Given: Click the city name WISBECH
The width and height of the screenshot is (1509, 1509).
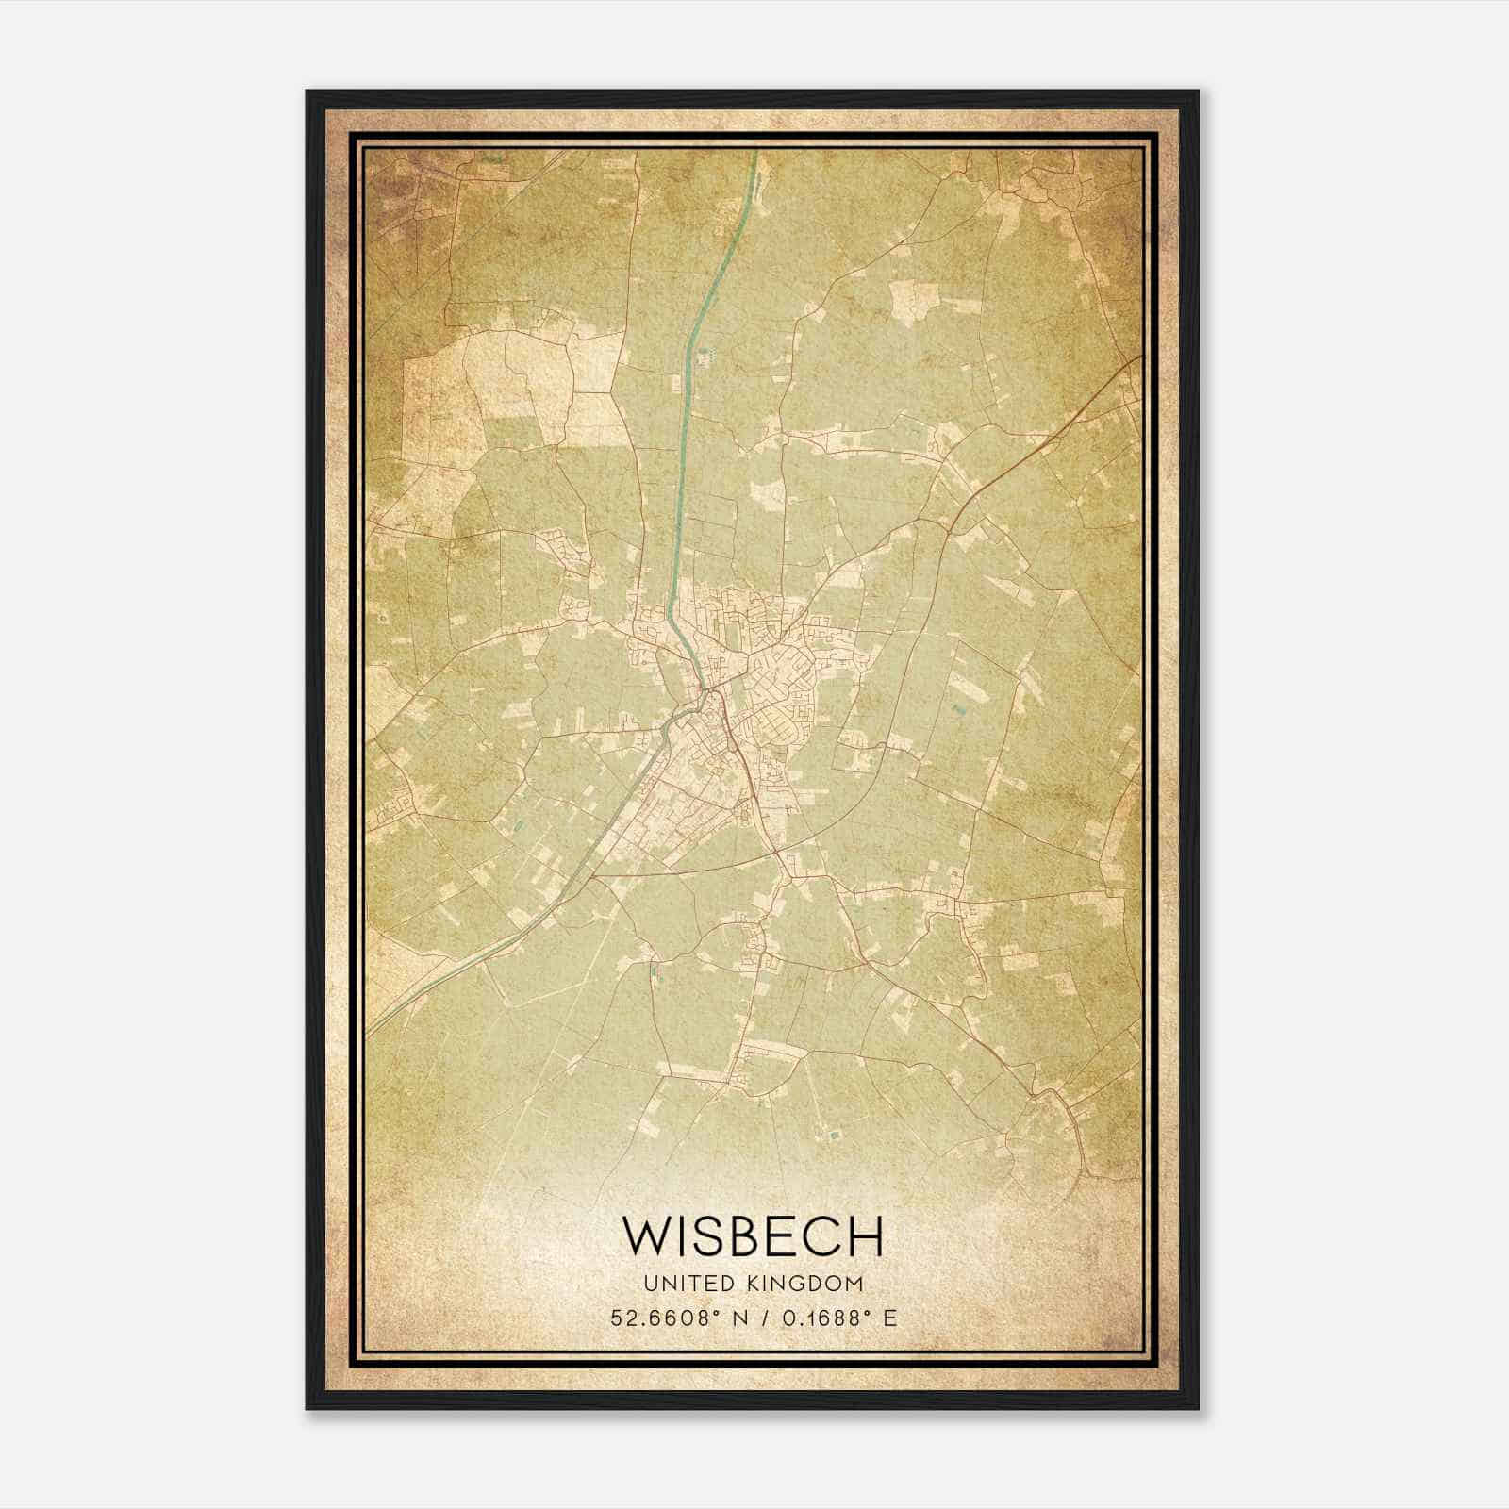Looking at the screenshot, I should [x=754, y=1235].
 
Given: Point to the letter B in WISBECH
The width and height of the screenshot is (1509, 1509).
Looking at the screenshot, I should [x=744, y=1235].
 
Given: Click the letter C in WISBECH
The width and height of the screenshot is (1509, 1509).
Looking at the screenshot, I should [x=821, y=1235].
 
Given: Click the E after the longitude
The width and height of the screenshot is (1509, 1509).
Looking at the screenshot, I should [x=890, y=1318].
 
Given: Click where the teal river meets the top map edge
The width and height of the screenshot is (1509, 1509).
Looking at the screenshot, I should [x=755, y=151].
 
